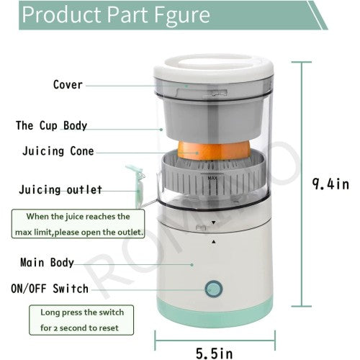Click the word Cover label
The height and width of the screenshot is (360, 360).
68,84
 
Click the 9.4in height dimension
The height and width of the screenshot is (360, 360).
329,184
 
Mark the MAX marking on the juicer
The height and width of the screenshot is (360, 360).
212,177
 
